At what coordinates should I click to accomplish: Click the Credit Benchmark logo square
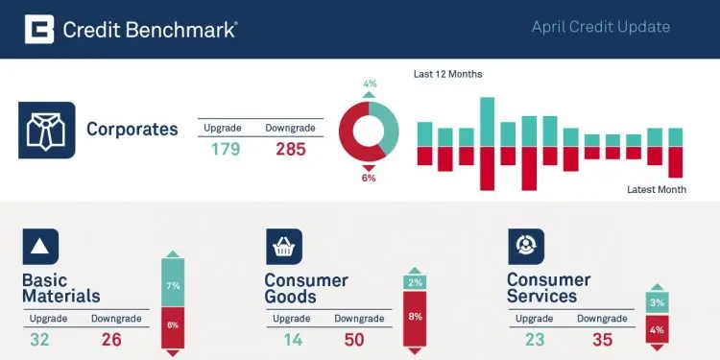(x=39, y=29)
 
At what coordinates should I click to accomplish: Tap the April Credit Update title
(x=601, y=27)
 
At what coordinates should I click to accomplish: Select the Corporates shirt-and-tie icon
(x=47, y=130)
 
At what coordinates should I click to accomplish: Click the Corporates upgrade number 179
(x=226, y=149)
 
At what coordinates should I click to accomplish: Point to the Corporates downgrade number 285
(x=291, y=149)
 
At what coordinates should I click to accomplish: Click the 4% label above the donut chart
(x=370, y=84)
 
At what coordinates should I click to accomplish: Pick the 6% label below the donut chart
(x=369, y=179)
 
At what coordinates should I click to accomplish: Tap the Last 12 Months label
(x=447, y=74)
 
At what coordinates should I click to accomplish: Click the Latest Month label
(x=657, y=189)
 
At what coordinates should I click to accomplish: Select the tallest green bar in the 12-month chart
(x=487, y=122)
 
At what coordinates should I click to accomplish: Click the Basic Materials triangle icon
(x=40, y=247)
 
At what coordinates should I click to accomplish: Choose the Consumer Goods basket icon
(x=284, y=247)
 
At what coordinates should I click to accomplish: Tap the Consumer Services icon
(x=526, y=247)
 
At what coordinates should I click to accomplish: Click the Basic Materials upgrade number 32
(x=39, y=340)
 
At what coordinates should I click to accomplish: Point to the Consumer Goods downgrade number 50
(x=354, y=340)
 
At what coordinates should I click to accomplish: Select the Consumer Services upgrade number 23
(x=535, y=340)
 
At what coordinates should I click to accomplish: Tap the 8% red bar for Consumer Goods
(x=415, y=318)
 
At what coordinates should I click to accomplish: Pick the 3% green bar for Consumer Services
(x=657, y=302)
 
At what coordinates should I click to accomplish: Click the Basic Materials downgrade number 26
(x=111, y=340)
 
